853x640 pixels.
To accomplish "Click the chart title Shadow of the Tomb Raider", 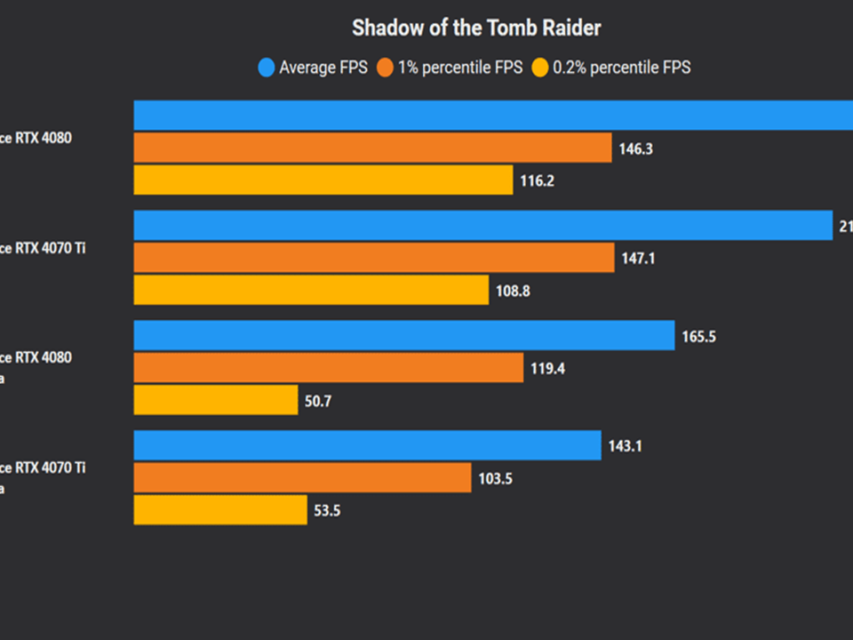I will (x=476, y=28).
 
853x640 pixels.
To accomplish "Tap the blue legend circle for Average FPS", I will (x=266, y=68).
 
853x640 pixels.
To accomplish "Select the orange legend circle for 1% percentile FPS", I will (x=385, y=68).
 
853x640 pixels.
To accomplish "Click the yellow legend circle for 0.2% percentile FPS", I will (x=539, y=68).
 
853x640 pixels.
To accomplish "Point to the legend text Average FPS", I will (x=323, y=68).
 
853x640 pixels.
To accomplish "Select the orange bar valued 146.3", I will (x=372, y=148).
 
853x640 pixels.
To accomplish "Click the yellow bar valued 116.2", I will (x=323, y=180).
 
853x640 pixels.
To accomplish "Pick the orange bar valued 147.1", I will (x=374, y=258).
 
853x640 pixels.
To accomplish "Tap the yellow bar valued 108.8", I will (x=311, y=291).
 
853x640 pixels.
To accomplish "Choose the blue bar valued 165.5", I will (x=404, y=336).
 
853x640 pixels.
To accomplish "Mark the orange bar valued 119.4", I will (x=329, y=368).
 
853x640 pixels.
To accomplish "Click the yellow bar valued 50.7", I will (x=216, y=400).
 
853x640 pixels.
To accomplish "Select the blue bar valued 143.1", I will (x=368, y=445).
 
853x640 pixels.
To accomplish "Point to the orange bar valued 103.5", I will (x=302, y=478).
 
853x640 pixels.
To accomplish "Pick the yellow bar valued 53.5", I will (x=220, y=510).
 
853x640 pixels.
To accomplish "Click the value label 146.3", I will (x=636, y=149).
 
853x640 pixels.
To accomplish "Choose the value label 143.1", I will (x=626, y=446).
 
